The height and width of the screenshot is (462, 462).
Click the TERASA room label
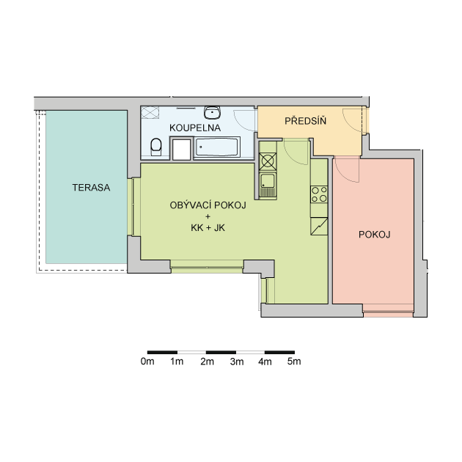coord(92,188)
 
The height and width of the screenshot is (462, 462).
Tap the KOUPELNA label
coord(195,128)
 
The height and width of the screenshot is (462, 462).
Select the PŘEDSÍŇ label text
coord(306,120)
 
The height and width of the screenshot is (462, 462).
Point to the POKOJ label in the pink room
coord(375,235)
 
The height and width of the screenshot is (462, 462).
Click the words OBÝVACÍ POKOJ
coord(208,205)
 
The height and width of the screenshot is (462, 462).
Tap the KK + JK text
coord(208,228)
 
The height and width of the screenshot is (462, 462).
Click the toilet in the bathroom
coord(156,147)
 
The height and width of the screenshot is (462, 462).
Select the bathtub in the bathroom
coord(217,147)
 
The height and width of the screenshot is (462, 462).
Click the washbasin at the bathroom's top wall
coord(212,112)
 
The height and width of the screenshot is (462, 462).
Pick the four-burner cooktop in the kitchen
coord(319,194)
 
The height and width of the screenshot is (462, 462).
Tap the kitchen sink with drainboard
coord(268,185)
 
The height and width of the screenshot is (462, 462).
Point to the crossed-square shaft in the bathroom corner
coord(150,112)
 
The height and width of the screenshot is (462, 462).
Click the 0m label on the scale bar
coord(147,362)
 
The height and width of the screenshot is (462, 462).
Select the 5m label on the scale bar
coord(294,362)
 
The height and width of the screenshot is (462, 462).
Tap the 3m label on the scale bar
coord(237,362)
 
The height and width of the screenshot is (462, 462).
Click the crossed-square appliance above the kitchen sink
coord(268,161)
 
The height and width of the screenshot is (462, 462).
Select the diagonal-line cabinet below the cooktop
coord(319,227)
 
